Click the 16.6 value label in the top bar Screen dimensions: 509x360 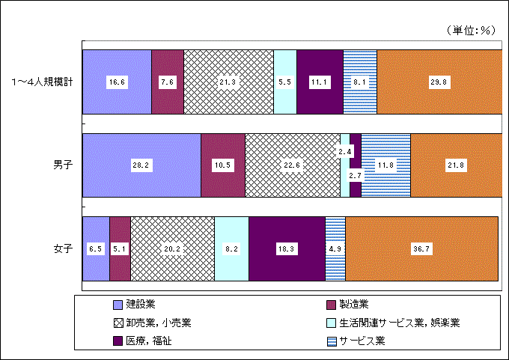pos(117,82)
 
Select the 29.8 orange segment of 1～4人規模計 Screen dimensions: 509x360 pos(439,82)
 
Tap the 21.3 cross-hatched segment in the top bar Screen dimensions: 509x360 pos(228,82)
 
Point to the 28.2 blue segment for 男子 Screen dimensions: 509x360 pos(142,165)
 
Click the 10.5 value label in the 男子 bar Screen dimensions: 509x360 pos(223,165)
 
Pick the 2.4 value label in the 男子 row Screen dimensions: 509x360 pos(345,152)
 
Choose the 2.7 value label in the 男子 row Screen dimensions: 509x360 pos(355,176)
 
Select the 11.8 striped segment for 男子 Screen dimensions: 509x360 pos(386,165)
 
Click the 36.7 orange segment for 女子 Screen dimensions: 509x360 pos(421,248)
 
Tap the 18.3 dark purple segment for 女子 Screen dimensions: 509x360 pos(287,248)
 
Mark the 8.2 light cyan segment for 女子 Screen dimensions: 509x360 pos(232,248)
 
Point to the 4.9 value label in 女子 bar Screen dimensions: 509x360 pos(335,249)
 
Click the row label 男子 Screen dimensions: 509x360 pos(63,165)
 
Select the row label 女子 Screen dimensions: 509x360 pos(63,249)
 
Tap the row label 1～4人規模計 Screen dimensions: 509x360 pos(42,82)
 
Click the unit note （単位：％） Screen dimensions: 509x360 pos(471,30)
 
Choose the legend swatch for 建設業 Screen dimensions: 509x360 pos(118,305)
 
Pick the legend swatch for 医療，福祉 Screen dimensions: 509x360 pos(118,341)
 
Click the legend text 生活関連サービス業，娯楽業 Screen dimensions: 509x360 pos(400,323)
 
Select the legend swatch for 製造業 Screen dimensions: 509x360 pos(331,305)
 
